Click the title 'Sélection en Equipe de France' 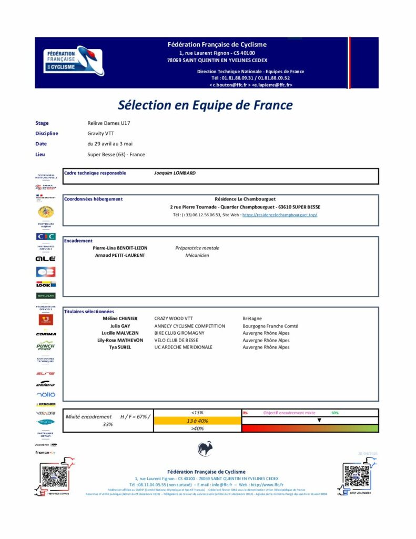click(x=205, y=105)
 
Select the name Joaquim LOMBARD click(x=176, y=173)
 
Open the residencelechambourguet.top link click(x=280, y=215)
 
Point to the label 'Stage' click(x=42, y=123)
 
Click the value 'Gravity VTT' click(x=100, y=133)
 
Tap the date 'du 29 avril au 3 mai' click(x=110, y=144)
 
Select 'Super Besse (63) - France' click(x=116, y=154)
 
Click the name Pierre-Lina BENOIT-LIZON click(x=120, y=248)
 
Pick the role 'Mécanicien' click(x=197, y=255)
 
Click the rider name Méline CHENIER click(x=120, y=318)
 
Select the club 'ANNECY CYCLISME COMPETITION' click(x=189, y=326)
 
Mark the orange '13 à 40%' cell click(x=197, y=421)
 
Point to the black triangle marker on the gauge click(x=319, y=421)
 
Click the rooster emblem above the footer click(x=205, y=449)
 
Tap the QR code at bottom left click(x=55, y=477)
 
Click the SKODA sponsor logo click(x=46, y=296)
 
